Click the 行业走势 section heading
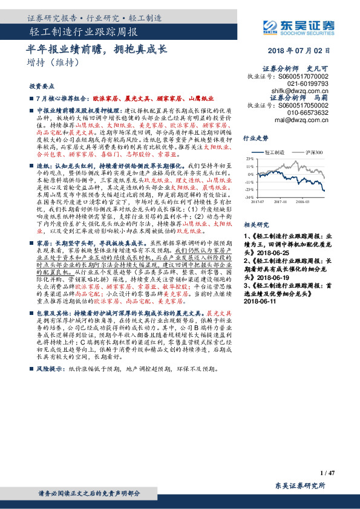(x=255, y=138)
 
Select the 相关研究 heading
(x=255, y=223)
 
